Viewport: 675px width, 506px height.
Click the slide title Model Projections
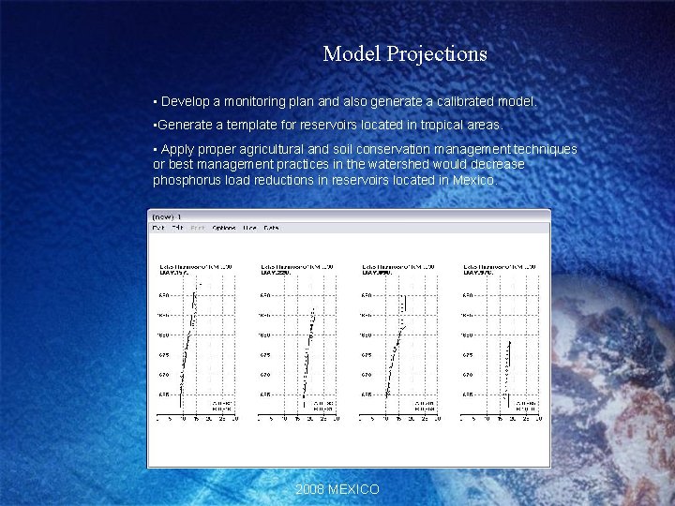[404, 54]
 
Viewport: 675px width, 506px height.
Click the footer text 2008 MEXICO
[337, 489]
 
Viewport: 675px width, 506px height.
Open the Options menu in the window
[224, 228]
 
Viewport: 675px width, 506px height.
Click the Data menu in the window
[271, 228]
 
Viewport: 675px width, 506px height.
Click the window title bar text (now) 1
[166, 216]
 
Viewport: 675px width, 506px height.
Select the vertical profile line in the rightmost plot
[507, 365]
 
